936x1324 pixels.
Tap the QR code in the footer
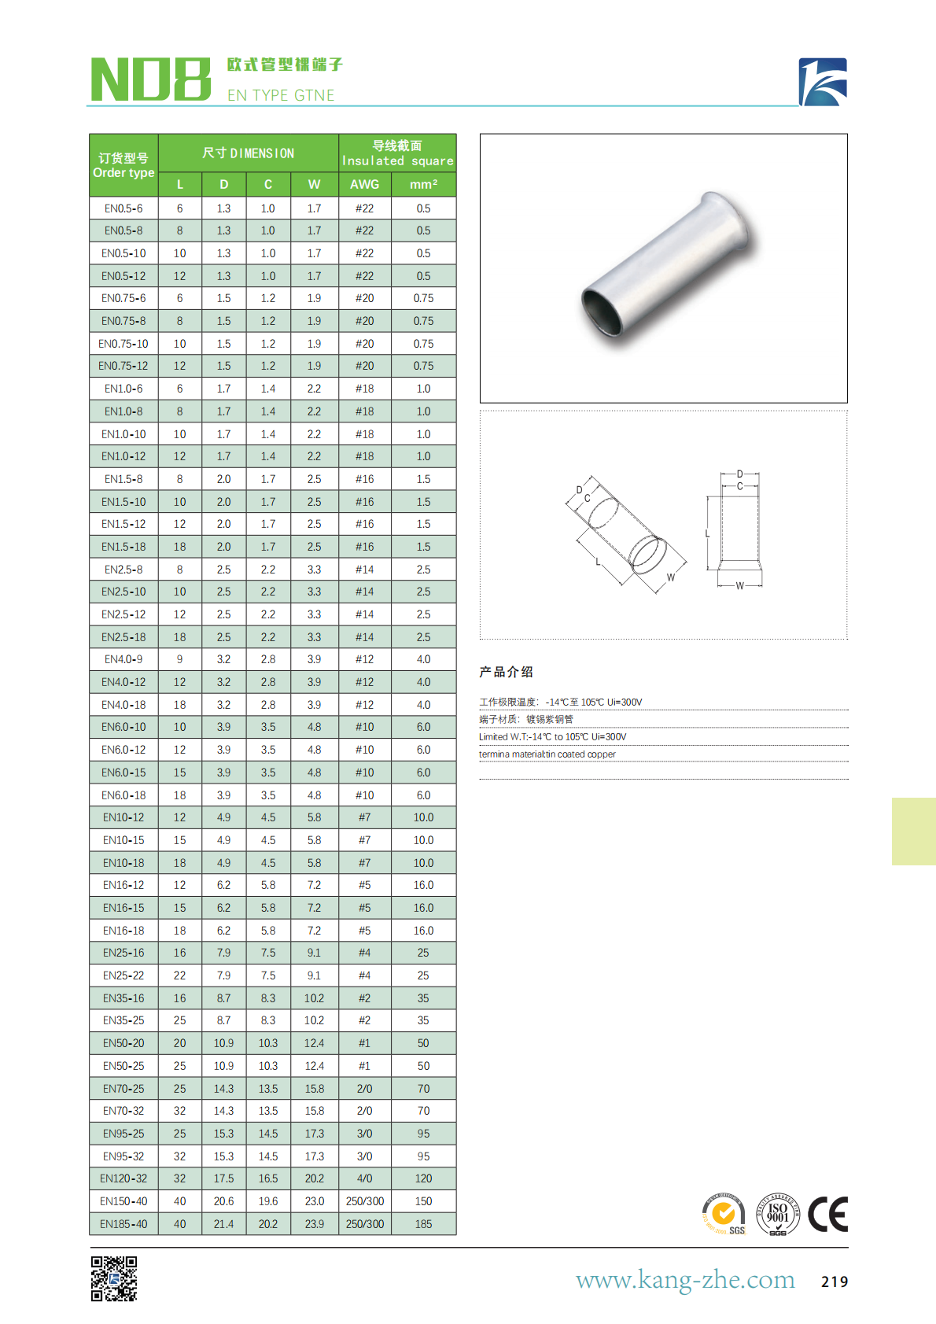coord(114,1278)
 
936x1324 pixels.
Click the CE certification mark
coord(827,1214)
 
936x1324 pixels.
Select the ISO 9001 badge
coord(777,1214)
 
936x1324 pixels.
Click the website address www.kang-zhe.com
coord(685,1280)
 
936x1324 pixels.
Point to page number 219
coord(834,1282)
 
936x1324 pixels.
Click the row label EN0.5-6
coord(123,208)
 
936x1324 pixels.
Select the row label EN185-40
coord(123,1224)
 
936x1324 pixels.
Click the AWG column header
coord(364,184)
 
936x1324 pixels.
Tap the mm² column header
coord(423,184)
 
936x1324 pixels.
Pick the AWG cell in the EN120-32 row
coord(364,1178)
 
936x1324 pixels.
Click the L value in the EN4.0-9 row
coord(179,659)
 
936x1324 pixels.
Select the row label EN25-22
coord(123,975)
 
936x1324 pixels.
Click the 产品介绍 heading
coord(506,672)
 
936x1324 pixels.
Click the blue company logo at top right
coord(823,82)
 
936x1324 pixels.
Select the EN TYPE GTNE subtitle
coord(281,95)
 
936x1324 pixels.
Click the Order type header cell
coord(123,165)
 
